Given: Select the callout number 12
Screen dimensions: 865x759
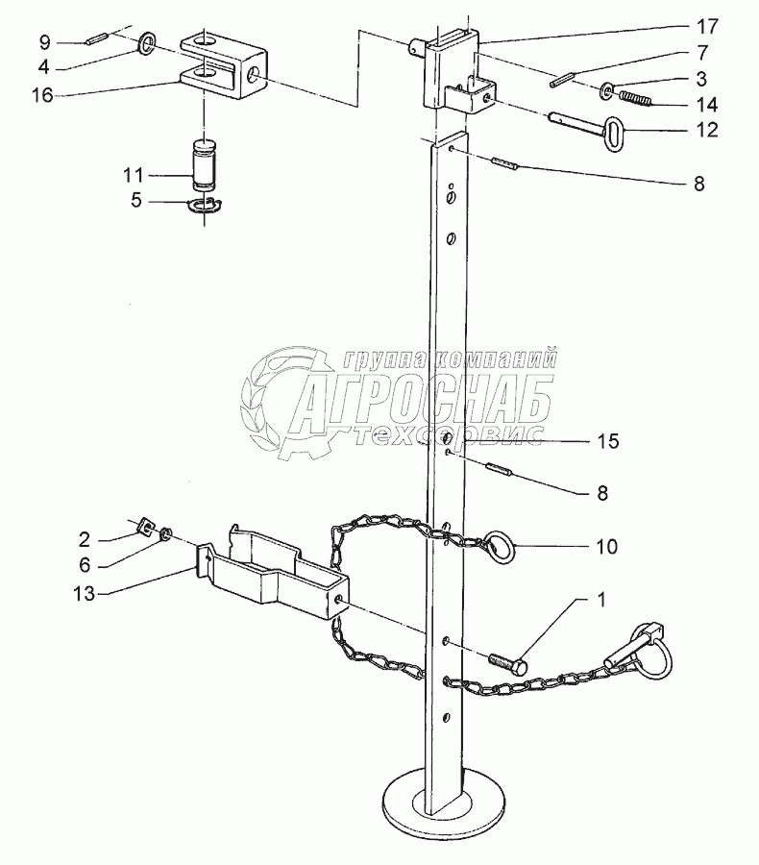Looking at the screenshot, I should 706,130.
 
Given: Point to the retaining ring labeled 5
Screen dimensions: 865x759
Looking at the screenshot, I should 204,205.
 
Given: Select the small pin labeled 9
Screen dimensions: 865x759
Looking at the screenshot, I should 96,40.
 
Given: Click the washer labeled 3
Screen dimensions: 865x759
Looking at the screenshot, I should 609,91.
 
